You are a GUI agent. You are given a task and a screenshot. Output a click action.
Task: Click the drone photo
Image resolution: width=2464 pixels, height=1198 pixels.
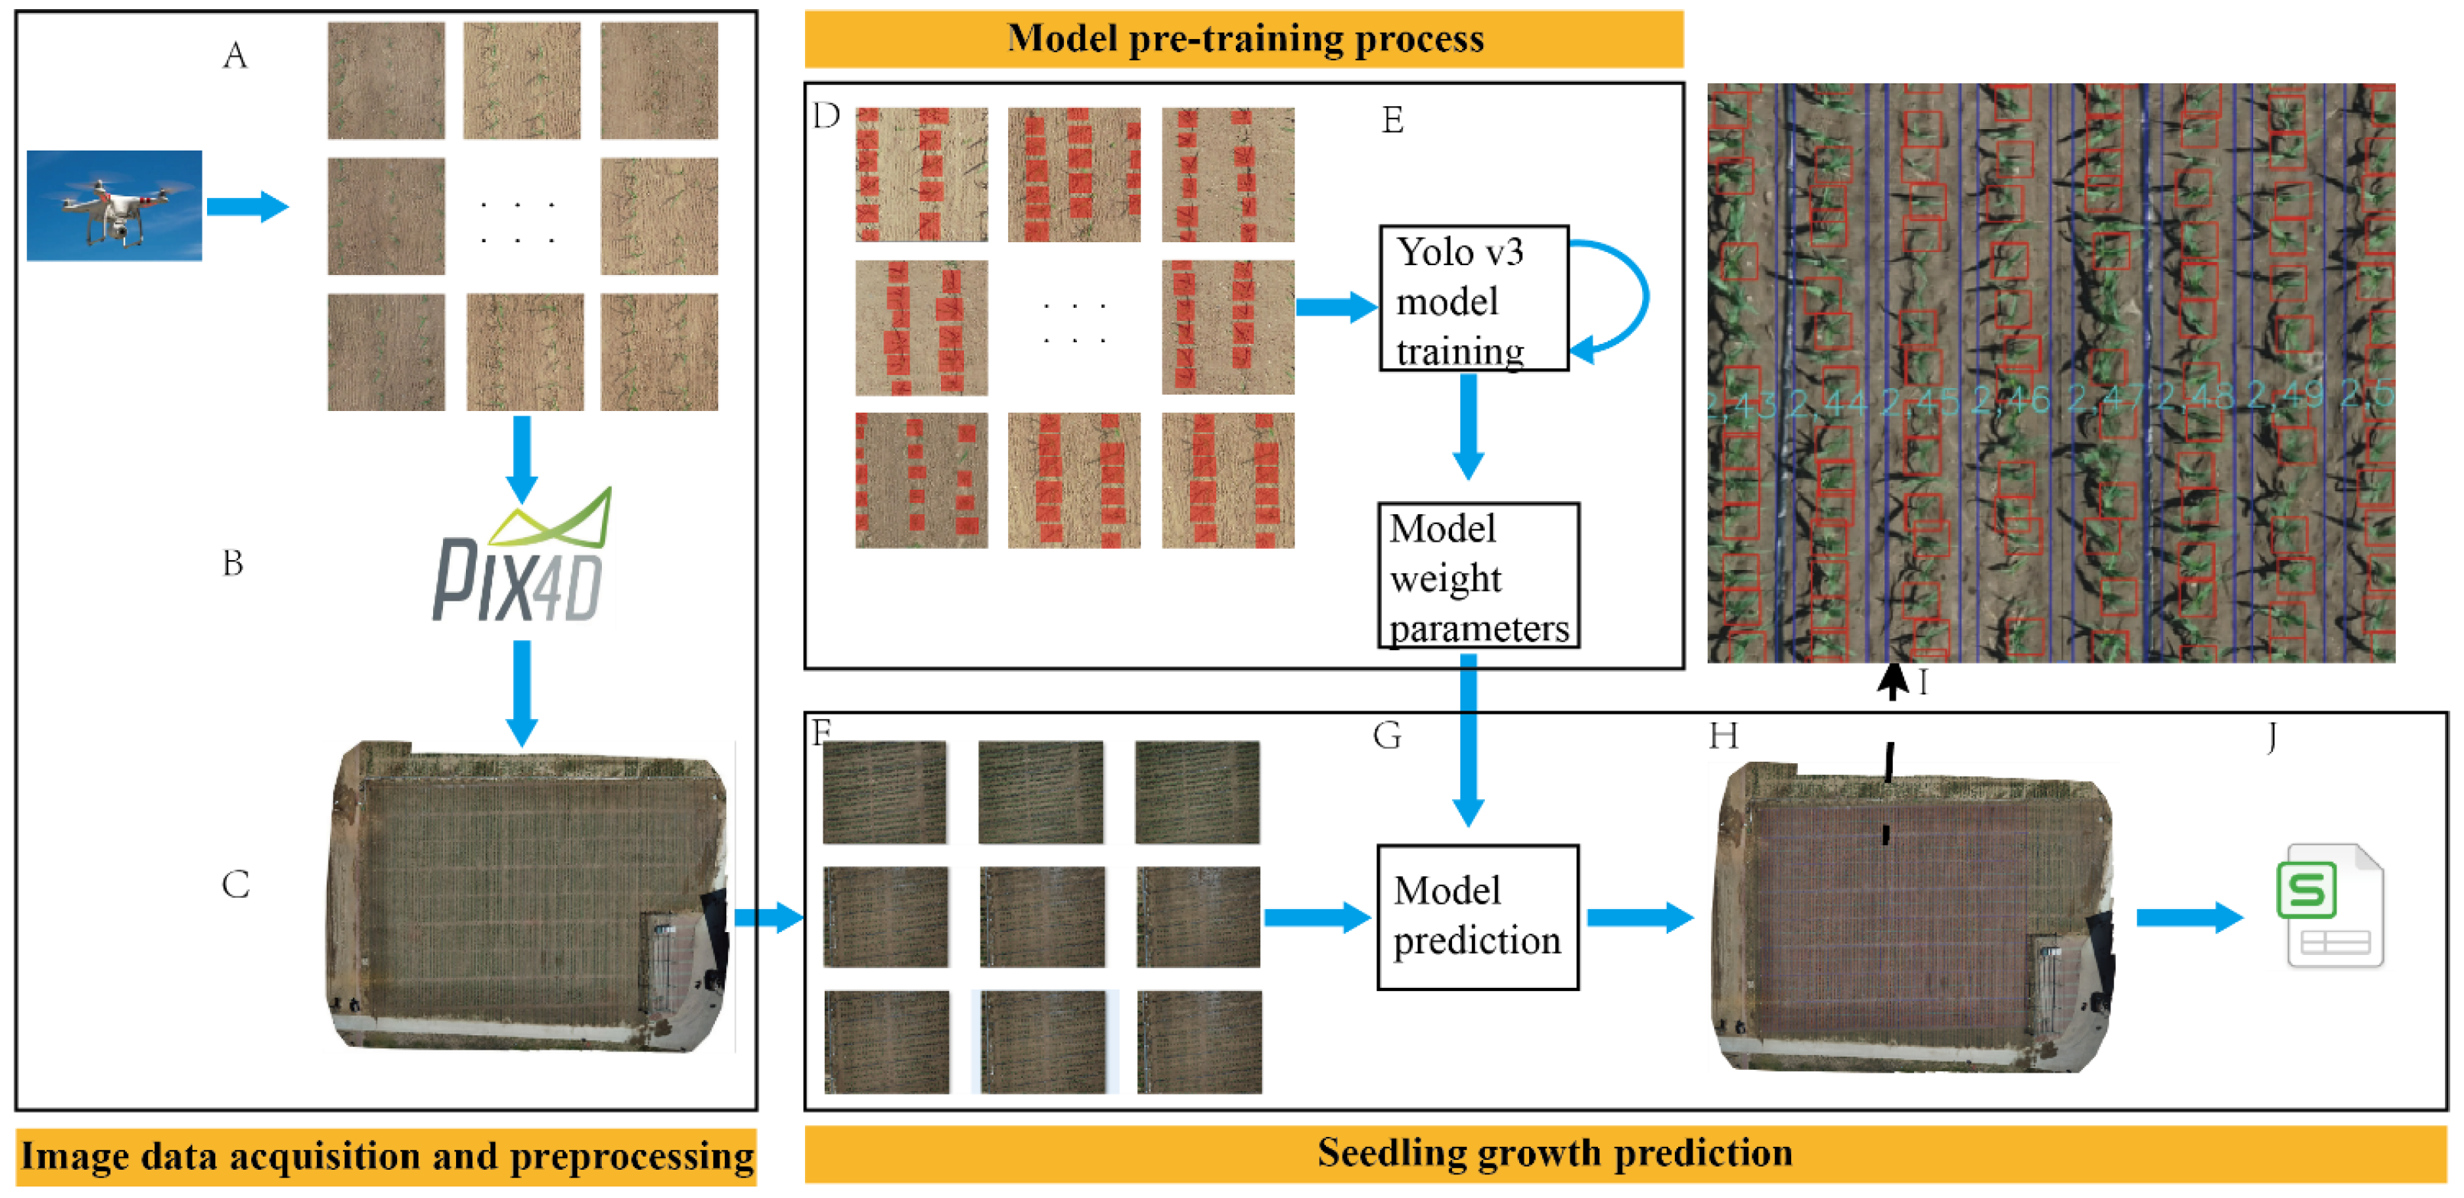point(114,205)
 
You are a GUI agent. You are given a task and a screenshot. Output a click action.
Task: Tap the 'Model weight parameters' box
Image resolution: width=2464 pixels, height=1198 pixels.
point(1477,577)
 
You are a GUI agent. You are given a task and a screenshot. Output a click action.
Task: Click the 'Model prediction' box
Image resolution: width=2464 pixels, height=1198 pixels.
point(1476,916)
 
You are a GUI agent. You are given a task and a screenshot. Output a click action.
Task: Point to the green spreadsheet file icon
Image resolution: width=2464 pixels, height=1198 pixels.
point(2328,905)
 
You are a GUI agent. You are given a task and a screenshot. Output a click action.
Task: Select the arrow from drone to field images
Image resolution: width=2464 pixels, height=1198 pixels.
point(247,206)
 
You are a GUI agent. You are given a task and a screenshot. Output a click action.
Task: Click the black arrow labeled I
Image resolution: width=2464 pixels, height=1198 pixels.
point(1891,682)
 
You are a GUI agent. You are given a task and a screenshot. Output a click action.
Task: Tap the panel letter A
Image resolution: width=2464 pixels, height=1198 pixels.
point(235,57)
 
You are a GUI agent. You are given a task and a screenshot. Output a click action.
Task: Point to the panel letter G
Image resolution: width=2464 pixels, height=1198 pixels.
point(1387,735)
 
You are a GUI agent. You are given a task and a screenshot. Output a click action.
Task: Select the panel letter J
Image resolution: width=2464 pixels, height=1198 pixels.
point(2272,737)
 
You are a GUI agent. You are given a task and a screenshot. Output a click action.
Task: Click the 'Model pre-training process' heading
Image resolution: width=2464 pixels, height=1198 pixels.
point(1243,38)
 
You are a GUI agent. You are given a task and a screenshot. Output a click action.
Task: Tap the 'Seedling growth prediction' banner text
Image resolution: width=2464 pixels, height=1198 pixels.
point(1554,1152)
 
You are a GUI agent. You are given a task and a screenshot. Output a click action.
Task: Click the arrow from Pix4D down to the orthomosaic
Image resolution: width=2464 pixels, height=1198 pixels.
point(522,691)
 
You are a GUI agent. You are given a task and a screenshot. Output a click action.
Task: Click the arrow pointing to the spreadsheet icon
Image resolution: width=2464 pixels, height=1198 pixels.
point(2188,917)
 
